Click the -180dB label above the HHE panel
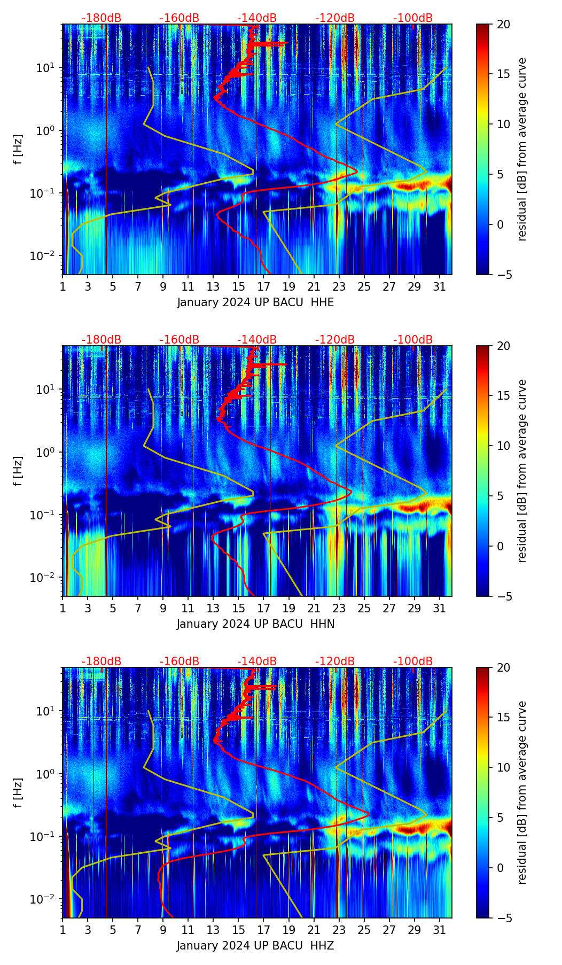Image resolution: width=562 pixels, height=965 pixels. [x=102, y=18]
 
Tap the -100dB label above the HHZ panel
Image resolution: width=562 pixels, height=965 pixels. [x=413, y=662]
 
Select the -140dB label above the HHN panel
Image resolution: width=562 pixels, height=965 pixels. [x=257, y=340]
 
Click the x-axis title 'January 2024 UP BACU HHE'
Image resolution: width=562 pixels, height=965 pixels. [x=255, y=302]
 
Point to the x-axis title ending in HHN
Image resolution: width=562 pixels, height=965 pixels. [x=255, y=624]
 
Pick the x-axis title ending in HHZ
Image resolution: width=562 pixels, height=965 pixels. [x=255, y=946]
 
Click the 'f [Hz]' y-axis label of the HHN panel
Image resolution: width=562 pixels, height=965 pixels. [x=18, y=471]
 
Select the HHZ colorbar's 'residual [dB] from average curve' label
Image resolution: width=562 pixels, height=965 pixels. [x=522, y=792]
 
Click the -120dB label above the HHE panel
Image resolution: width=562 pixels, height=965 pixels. [x=335, y=18]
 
